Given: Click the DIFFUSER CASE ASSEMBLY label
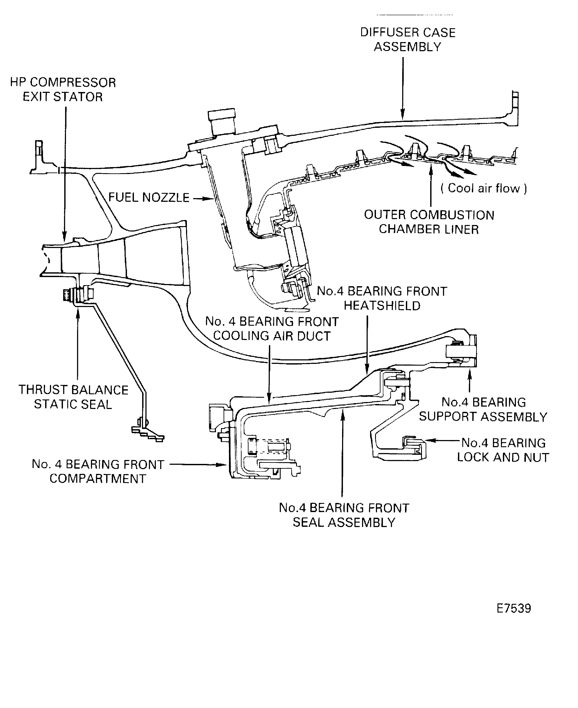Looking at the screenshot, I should point(408,40).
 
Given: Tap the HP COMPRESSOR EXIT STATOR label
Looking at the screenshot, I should point(63,90).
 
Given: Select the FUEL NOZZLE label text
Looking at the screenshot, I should point(149,197).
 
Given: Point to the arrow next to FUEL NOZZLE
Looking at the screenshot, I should point(203,199).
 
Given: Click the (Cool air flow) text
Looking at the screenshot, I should point(483,188).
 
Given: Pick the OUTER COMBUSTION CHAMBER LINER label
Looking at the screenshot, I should point(429,222).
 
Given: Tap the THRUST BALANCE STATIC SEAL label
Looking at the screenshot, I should point(73,397).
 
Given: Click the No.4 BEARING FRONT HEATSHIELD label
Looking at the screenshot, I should point(382,298).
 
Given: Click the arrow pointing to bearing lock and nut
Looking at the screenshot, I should point(443,440).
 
